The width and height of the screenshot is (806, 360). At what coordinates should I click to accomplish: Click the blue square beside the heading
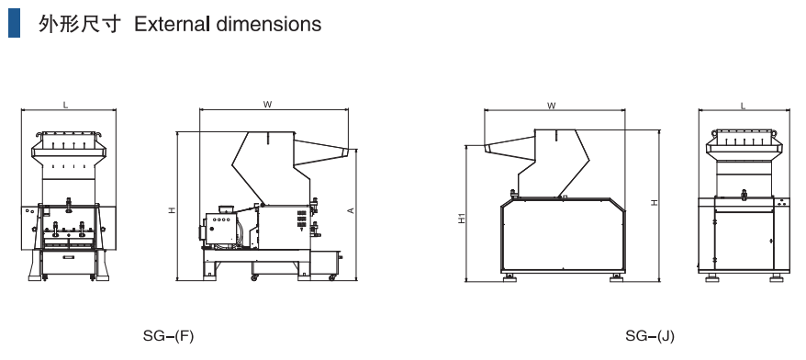point(14,24)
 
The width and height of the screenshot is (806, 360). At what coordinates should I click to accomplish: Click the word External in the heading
point(172,24)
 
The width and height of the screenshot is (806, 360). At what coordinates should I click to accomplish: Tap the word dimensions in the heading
point(267,24)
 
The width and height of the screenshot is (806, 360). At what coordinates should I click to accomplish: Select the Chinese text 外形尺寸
point(80,24)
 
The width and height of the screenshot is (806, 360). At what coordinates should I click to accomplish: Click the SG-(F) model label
point(169,336)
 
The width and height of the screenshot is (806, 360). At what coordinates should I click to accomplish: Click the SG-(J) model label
point(650,336)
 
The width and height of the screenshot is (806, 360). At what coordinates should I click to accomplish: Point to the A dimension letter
point(351,209)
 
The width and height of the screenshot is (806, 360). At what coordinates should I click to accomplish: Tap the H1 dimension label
point(462,218)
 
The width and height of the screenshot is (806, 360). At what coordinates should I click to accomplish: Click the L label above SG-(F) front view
point(65,106)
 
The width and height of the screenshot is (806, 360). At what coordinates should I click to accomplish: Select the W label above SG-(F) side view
point(267,105)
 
